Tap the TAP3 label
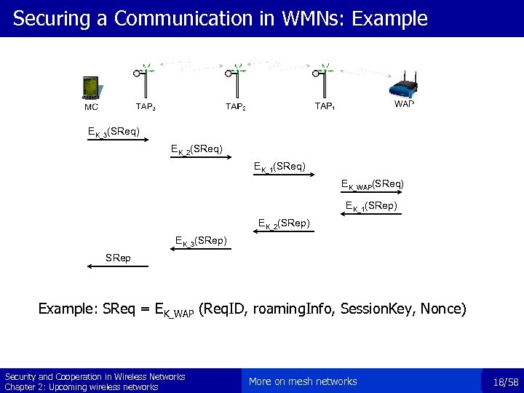pos(146,106)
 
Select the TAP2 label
pos(235,106)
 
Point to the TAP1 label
pos(325,106)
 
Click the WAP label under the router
pos(404,104)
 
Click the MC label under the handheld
pos(91,108)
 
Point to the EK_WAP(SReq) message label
pos(373,186)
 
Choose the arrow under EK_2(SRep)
pos(284,232)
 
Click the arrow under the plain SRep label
pos(117,268)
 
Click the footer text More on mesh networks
pos(303,381)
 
